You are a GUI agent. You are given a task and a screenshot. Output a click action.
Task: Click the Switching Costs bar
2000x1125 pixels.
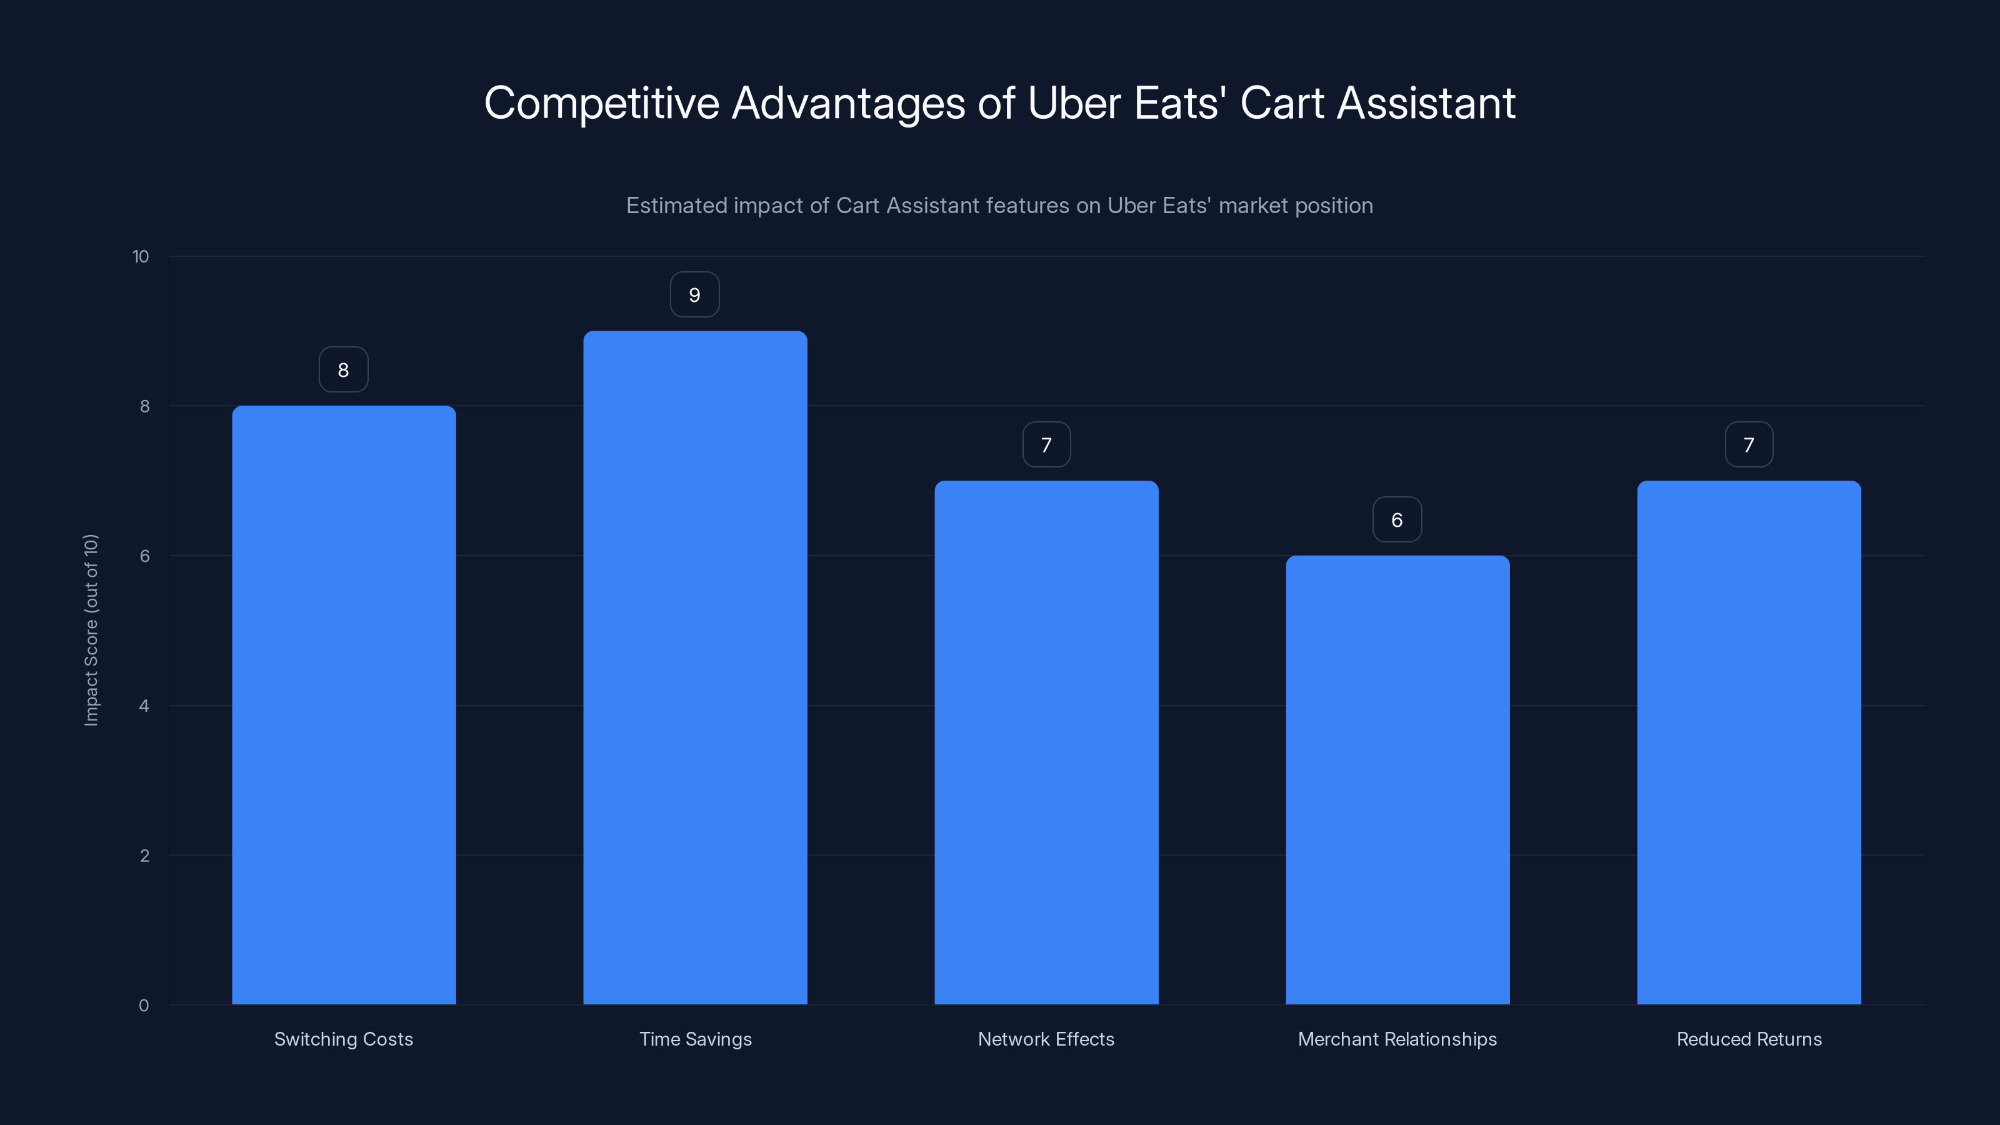[343, 705]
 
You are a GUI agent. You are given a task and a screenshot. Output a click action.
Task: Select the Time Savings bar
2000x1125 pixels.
[695, 667]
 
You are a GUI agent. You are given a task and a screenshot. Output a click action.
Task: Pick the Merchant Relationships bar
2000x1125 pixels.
[1397, 779]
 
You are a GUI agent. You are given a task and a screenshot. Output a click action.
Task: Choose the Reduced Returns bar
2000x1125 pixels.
[1749, 742]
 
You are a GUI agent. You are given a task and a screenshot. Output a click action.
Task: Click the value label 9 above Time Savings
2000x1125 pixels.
[695, 295]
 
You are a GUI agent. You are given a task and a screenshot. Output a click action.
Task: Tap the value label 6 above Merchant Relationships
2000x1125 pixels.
[1397, 520]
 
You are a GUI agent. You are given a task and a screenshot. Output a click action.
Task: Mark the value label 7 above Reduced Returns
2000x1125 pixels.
[1749, 445]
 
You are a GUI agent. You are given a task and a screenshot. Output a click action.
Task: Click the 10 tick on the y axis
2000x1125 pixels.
[141, 257]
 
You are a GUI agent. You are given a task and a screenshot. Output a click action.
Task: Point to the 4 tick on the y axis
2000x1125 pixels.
[144, 706]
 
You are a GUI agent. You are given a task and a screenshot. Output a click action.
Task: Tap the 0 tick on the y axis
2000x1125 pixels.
[144, 1006]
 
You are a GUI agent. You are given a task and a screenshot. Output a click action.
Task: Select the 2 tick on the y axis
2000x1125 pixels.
[144, 856]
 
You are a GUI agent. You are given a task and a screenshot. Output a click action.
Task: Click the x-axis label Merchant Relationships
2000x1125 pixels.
[1397, 1039]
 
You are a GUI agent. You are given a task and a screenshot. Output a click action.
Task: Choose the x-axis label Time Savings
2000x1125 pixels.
[695, 1039]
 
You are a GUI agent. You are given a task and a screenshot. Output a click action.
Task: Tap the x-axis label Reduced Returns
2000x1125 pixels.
[1749, 1039]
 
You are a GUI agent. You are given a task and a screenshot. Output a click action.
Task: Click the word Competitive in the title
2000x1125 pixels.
[602, 103]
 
